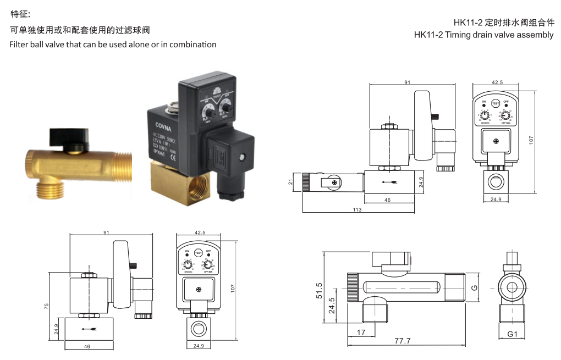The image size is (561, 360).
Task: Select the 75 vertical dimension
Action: pyautogui.click(x=47, y=306)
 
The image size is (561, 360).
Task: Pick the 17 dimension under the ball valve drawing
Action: pyautogui.click(x=361, y=333)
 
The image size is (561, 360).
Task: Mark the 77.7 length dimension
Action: pyautogui.click(x=402, y=341)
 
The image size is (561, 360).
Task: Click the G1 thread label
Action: pyautogui.click(x=512, y=334)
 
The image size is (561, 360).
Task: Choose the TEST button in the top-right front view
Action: pyautogui.click(x=495, y=103)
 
